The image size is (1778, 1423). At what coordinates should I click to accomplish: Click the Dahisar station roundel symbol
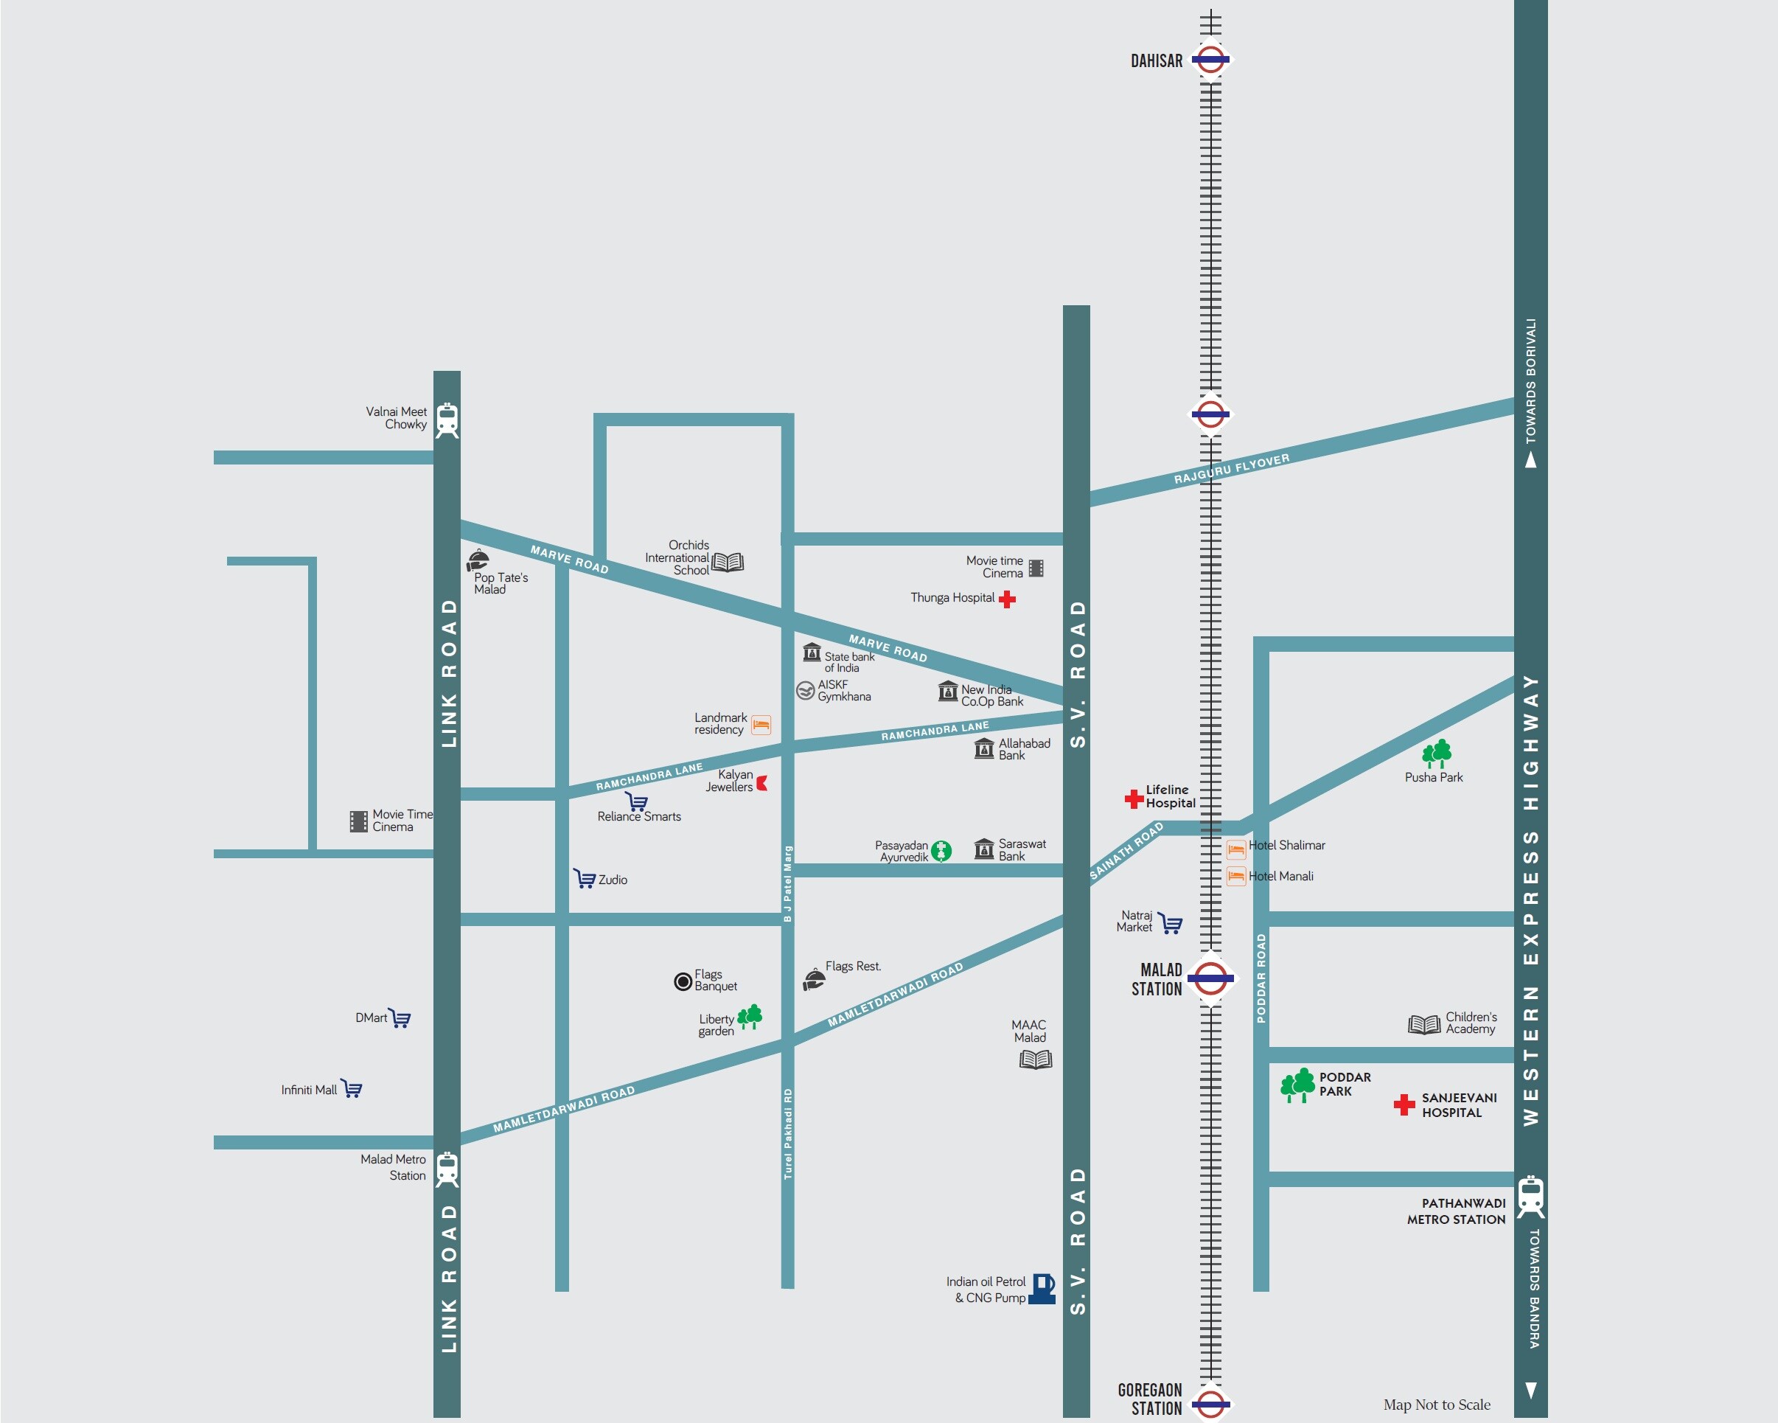click(x=1210, y=60)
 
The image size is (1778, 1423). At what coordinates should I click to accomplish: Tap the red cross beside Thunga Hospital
click(x=1007, y=599)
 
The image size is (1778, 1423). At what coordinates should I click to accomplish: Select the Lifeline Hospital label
click(x=1169, y=796)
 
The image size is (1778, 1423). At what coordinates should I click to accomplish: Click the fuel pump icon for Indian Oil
click(x=1043, y=1289)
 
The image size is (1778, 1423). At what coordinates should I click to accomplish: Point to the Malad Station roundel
click(x=1210, y=978)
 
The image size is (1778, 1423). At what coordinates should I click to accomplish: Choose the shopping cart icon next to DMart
click(x=400, y=1018)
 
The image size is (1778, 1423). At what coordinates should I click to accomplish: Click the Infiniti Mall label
click(x=308, y=1090)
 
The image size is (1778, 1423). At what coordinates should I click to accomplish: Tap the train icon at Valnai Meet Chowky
click(x=447, y=420)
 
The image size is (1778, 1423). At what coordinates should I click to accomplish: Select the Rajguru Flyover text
click(x=1231, y=469)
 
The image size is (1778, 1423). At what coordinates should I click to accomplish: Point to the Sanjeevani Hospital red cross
click(x=1404, y=1104)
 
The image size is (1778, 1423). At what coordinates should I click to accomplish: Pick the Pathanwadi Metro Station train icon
click(x=1530, y=1195)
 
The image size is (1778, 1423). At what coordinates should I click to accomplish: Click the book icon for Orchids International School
click(x=728, y=563)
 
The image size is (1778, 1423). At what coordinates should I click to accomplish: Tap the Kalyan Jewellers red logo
click(x=762, y=783)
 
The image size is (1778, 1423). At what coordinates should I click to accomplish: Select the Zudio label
click(x=613, y=880)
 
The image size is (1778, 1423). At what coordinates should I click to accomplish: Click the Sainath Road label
click(x=1126, y=851)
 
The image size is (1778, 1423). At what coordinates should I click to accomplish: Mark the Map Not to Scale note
click(x=1437, y=1405)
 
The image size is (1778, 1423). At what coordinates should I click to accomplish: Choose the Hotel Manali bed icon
click(x=1235, y=876)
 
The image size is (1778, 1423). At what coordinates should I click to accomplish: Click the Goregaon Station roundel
click(x=1210, y=1403)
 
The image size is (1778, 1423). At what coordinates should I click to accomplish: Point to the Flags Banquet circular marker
click(x=683, y=981)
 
